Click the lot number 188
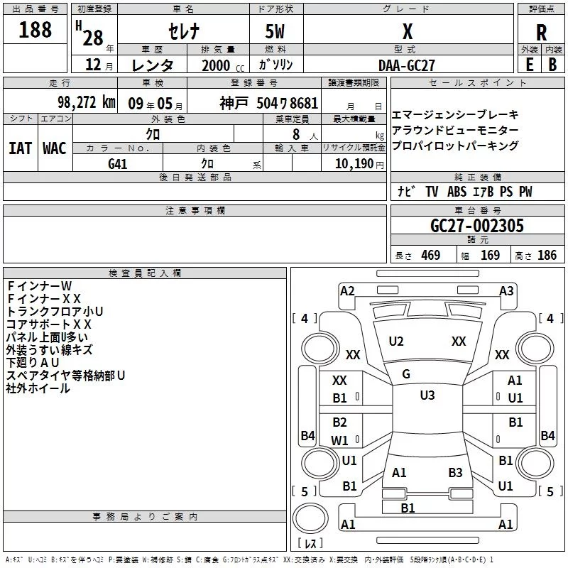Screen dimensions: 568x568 point(35,30)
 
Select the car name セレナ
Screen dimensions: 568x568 point(184,31)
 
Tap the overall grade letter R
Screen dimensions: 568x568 point(541,33)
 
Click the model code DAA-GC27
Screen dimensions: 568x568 point(406,65)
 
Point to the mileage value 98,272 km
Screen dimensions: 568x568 point(87,102)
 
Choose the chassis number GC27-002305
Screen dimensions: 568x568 point(477,225)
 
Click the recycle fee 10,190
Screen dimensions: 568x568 point(354,164)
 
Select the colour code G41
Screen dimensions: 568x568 point(118,164)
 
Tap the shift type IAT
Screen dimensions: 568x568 point(21,148)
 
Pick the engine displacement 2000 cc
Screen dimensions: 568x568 point(223,65)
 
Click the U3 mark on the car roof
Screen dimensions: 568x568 point(427,395)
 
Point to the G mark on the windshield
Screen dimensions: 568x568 point(406,374)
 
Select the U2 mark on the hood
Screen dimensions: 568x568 point(396,342)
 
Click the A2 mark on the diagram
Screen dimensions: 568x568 point(347,291)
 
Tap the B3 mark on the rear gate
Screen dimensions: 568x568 point(455,472)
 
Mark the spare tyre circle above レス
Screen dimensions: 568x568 point(310,518)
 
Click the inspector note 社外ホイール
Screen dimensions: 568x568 point(38,388)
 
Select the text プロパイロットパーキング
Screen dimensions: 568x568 point(455,146)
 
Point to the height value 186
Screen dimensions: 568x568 point(547,255)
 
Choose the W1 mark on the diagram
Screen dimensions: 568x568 point(339,440)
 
